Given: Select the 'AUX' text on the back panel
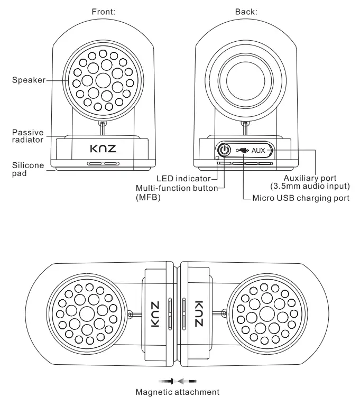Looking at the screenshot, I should point(259,150).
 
